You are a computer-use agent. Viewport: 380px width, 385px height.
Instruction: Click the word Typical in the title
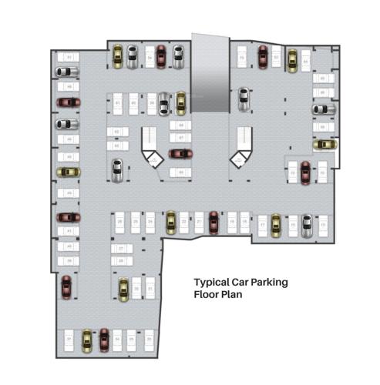(x=210, y=283)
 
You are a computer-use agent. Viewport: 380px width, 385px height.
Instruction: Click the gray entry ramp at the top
(x=210, y=73)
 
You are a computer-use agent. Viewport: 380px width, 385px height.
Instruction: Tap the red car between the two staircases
(x=180, y=153)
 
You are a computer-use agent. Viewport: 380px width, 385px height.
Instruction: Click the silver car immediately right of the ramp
(x=244, y=99)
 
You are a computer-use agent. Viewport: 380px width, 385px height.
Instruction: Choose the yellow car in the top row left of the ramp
(x=117, y=55)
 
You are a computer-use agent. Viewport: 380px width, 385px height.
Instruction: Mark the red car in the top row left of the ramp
(x=161, y=55)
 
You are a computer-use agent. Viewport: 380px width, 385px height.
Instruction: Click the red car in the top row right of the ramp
(x=263, y=55)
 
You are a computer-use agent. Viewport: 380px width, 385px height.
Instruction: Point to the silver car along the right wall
(x=322, y=109)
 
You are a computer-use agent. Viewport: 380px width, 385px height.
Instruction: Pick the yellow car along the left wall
(x=68, y=172)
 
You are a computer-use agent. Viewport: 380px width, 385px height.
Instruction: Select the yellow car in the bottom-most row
(x=86, y=338)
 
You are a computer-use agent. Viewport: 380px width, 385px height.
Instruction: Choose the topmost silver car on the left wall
(x=67, y=72)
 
